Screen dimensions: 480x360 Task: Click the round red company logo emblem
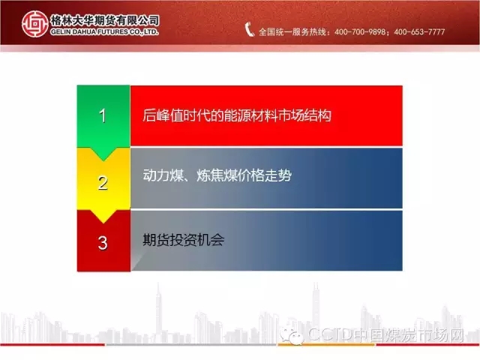(x=35, y=24)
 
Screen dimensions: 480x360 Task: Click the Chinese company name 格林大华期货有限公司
(x=105, y=20)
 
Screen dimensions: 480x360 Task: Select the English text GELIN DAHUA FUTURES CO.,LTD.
(x=105, y=31)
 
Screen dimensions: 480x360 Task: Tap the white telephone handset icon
(x=249, y=30)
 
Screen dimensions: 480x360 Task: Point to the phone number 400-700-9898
(x=360, y=31)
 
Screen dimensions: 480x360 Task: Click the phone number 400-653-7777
(x=419, y=31)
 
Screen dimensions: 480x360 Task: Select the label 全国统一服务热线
(x=292, y=31)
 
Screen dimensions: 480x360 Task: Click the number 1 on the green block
(x=103, y=116)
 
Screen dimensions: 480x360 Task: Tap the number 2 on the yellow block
(x=103, y=183)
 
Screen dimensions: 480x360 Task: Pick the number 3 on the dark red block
(x=103, y=243)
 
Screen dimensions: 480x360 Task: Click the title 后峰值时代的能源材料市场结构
(x=237, y=115)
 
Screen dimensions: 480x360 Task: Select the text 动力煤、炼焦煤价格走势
(x=217, y=175)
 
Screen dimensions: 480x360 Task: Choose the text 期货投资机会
(x=183, y=240)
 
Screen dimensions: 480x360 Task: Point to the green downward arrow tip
(x=103, y=160)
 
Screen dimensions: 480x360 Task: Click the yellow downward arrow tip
(x=103, y=223)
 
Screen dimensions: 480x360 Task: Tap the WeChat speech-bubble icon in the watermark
(x=291, y=335)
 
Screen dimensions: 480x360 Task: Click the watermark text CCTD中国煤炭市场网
(x=386, y=335)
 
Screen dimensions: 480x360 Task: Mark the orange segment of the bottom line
(x=327, y=345)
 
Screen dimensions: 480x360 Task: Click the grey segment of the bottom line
(x=191, y=345)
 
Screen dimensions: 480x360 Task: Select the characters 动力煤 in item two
(x=163, y=175)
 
